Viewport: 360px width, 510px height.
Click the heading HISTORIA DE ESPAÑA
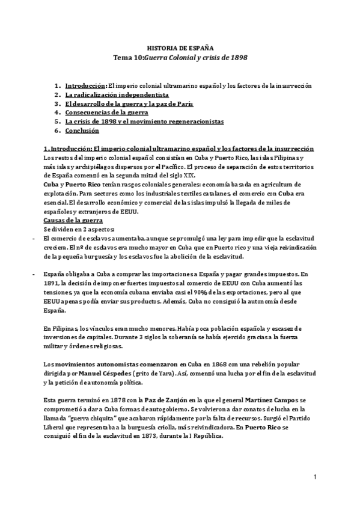(180, 47)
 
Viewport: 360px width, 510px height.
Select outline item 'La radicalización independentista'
(117, 95)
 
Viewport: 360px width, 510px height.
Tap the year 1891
(53, 281)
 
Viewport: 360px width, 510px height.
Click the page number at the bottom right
(314, 477)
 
